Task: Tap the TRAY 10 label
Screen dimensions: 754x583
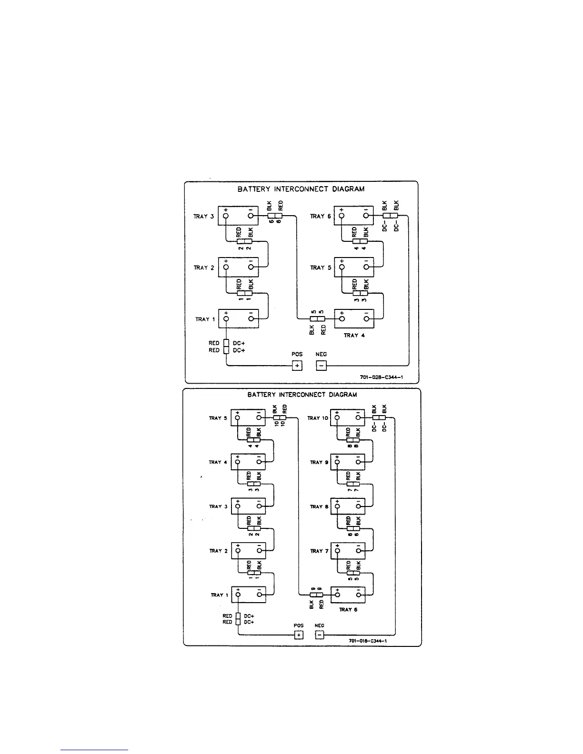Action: coord(318,418)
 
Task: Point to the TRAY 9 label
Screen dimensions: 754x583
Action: coord(319,462)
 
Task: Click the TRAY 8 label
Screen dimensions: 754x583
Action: coord(319,506)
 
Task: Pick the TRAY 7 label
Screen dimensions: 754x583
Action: coord(319,551)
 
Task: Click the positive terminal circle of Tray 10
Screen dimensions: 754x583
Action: coord(338,418)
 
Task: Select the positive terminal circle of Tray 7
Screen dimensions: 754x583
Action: coord(338,551)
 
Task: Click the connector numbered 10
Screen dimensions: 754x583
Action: coord(280,418)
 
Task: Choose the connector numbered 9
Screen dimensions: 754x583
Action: coord(316,595)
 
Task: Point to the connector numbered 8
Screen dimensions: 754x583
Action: coord(353,440)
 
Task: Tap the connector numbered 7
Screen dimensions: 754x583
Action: coord(353,484)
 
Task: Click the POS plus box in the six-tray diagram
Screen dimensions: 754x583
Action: coord(297,366)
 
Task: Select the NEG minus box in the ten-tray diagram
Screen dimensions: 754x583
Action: coord(320,635)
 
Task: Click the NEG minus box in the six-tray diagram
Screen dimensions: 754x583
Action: coord(322,366)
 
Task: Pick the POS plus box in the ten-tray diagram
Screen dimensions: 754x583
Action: coord(298,635)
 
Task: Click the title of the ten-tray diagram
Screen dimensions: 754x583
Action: coord(302,395)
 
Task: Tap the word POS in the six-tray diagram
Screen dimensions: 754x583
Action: coord(297,355)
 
